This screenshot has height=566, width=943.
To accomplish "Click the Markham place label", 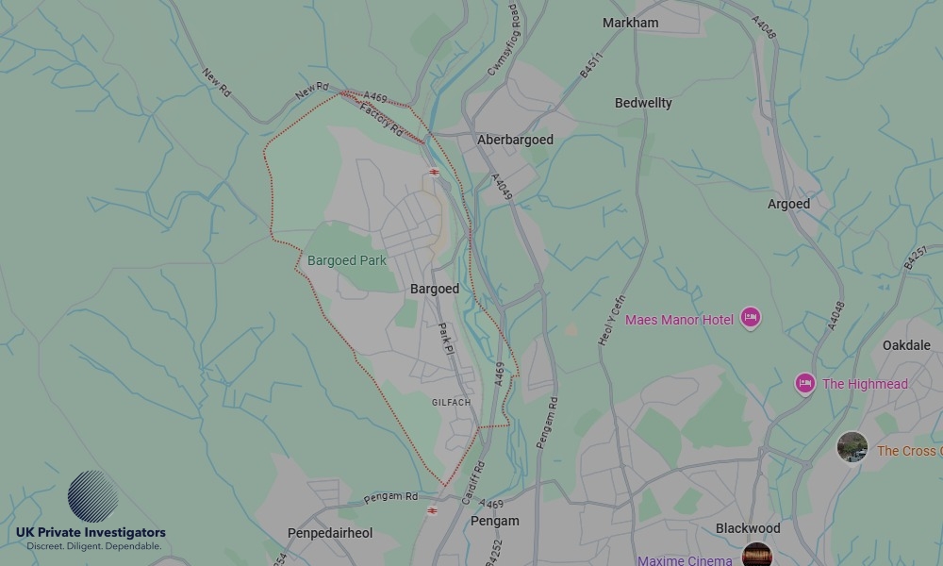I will [x=630, y=23].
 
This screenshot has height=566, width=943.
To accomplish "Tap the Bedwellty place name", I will [x=643, y=103].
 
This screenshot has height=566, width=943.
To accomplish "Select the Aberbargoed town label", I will [x=515, y=140].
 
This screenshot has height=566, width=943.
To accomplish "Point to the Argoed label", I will [x=788, y=204].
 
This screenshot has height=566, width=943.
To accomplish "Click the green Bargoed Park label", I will [x=347, y=260].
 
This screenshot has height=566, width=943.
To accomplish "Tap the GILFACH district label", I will [x=451, y=403].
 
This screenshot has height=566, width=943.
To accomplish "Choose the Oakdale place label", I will [x=906, y=345].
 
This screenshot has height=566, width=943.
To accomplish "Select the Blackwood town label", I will [x=748, y=528].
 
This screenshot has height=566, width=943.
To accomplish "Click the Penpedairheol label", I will [x=330, y=533].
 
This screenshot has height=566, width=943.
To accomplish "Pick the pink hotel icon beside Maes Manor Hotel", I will [x=751, y=317].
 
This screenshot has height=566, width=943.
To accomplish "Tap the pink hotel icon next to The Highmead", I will [x=804, y=384].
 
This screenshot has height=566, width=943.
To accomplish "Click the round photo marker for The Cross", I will [x=852, y=447].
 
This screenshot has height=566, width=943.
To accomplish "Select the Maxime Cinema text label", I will [x=685, y=560].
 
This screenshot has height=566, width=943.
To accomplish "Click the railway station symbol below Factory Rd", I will [x=434, y=173].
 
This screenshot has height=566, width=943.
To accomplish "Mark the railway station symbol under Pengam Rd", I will [x=432, y=510].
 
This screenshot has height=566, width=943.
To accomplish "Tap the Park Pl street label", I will [x=446, y=339].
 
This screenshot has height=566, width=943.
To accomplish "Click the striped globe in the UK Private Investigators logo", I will [x=92, y=496].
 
